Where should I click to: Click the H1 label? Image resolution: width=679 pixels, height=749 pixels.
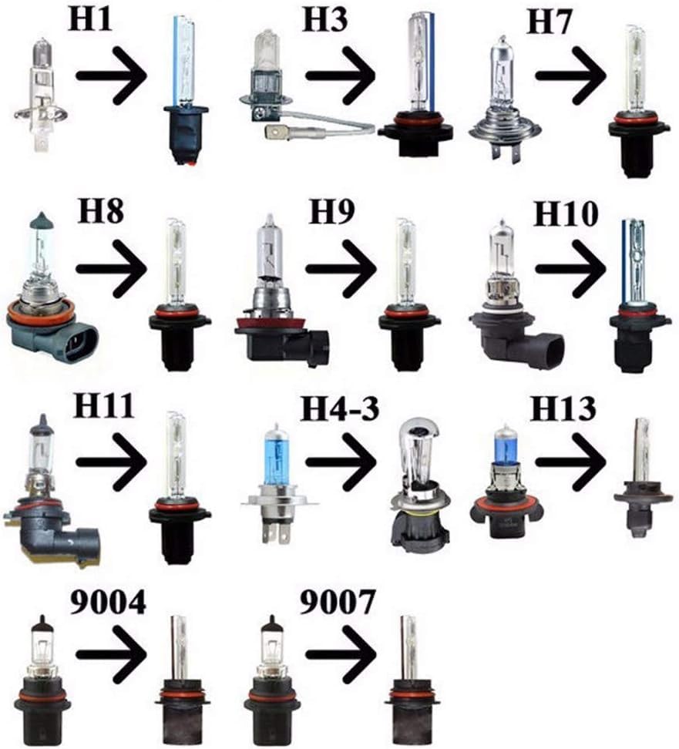90,19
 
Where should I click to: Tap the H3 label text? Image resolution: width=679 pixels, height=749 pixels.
325,19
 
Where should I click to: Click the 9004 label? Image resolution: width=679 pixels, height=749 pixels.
108,602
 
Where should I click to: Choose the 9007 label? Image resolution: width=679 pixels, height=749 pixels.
338,602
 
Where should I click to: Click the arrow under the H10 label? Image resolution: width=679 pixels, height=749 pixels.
571,268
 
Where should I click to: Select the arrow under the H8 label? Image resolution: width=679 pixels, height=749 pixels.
111,268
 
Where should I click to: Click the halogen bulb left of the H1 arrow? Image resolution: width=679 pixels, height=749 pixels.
42,96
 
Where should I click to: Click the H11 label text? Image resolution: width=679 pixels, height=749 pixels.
103,406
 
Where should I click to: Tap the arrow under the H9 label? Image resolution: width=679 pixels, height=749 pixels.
341,268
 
